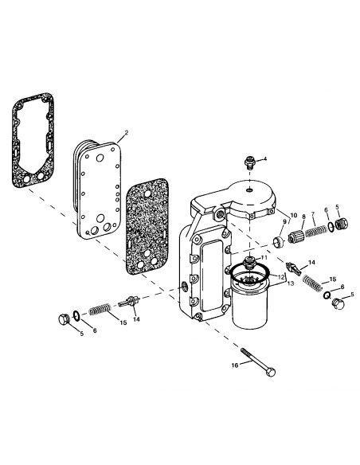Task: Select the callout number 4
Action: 265,158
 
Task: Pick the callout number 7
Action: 313,214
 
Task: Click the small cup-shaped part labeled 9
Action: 280,241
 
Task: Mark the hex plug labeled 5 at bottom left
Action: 64,321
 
